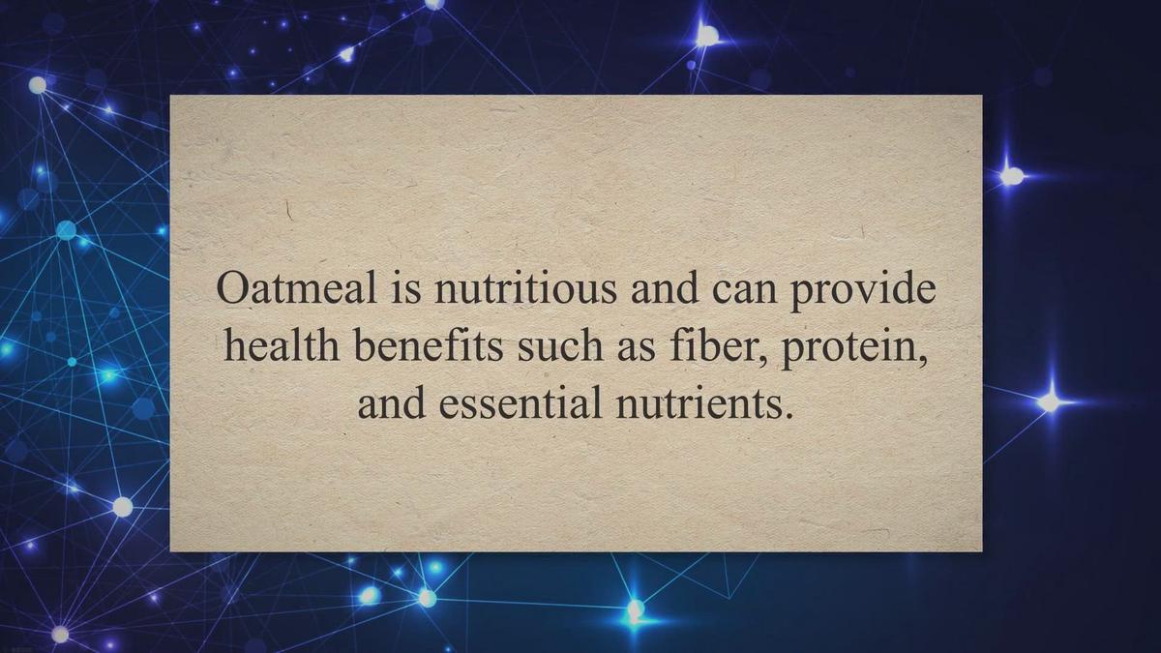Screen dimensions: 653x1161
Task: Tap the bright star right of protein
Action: (1049, 401)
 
